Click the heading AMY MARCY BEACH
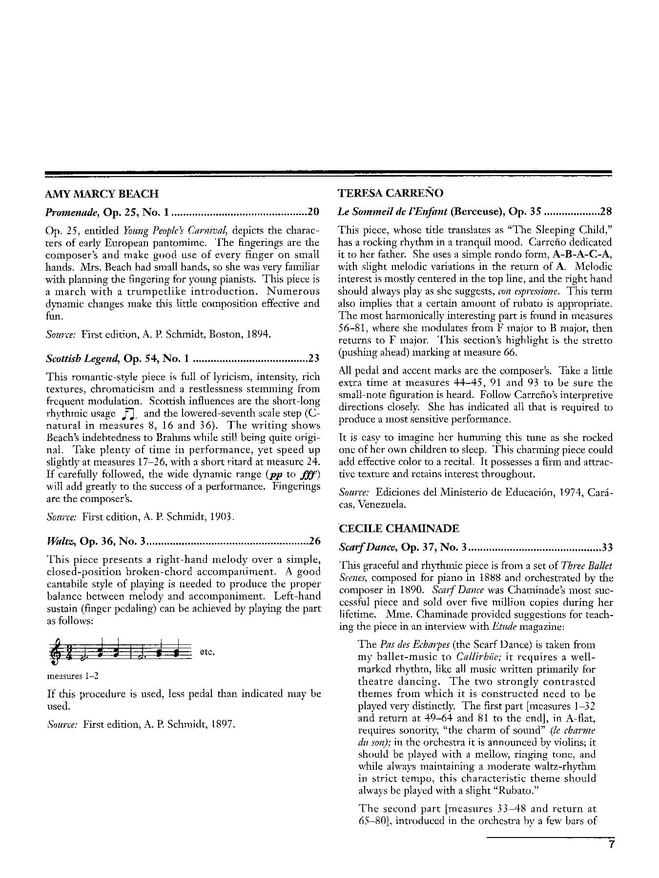point(102,194)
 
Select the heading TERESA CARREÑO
point(391,193)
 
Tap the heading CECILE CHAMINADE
point(399,529)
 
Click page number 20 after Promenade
point(313,212)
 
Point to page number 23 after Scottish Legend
point(313,359)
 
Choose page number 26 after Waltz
point(314,541)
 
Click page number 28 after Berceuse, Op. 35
point(606,212)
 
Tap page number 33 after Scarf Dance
point(607,547)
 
